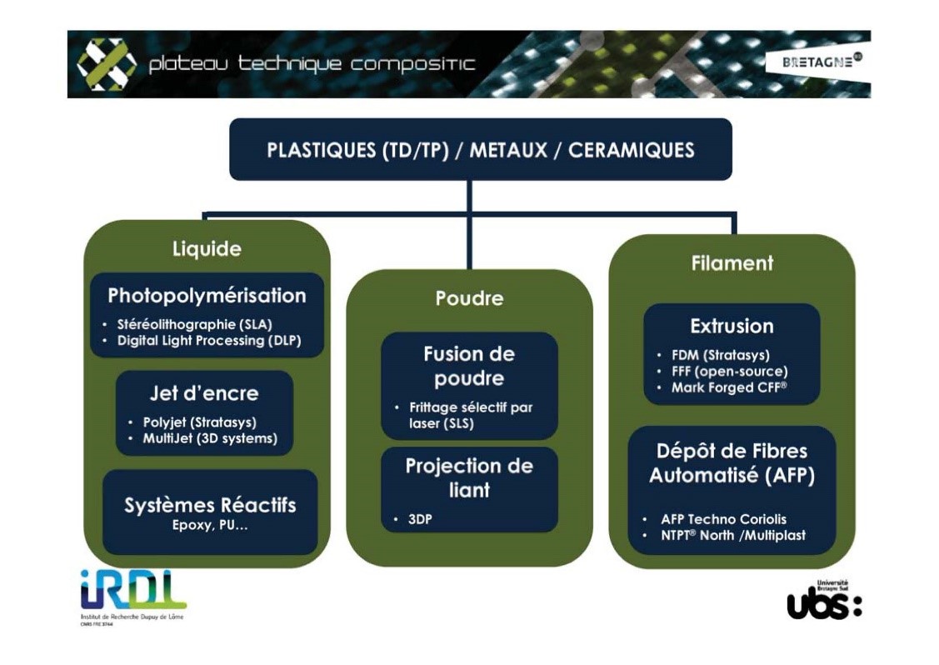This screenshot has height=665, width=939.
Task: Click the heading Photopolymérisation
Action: (207, 296)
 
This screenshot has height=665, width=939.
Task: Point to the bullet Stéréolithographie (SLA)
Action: (195, 324)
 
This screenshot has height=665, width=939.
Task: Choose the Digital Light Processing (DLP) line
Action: (208, 340)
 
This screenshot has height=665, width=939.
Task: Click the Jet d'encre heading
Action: (204, 393)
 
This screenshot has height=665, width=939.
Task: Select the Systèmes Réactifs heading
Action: (210, 505)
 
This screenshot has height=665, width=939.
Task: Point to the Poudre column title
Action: (469, 298)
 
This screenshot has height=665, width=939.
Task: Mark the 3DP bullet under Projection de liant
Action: (420, 519)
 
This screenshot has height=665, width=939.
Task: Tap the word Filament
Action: (732, 263)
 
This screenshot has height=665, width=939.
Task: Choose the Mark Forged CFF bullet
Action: (728, 387)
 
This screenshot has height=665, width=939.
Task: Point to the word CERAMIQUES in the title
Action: (631, 150)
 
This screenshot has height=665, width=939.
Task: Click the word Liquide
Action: (207, 249)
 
